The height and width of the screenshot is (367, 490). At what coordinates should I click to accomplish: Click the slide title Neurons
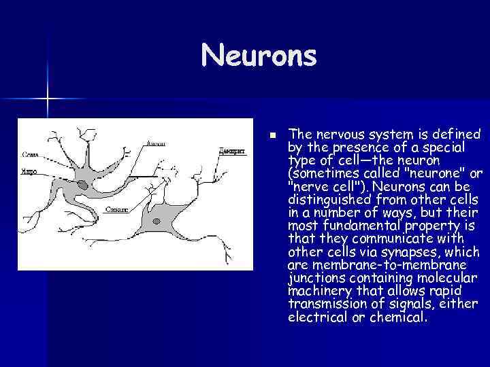[259, 56]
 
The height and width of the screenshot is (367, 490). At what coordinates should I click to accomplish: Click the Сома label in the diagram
[29, 154]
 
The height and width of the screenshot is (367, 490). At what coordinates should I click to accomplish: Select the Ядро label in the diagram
[29, 173]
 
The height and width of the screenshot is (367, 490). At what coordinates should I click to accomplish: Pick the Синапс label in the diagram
[116, 210]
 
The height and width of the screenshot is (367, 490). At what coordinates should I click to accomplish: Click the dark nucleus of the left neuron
[82, 185]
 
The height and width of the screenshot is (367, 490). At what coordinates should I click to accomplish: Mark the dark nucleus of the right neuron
[157, 220]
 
